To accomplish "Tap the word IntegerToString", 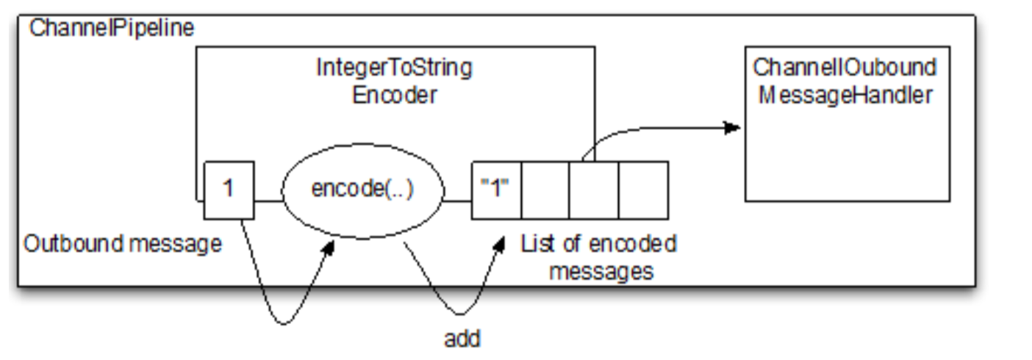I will click(395, 69).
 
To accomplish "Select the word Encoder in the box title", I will click(395, 96).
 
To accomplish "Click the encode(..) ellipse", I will click(363, 190).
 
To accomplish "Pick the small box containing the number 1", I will click(228, 190).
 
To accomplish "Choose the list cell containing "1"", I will click(496, 190).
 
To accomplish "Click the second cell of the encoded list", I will click(545, 190).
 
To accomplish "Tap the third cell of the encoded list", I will click(593, 190).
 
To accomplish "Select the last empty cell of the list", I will click(643, 190).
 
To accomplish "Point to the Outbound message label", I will click(123, 244).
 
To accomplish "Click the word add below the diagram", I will click(462, 339).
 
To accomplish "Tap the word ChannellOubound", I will click(845, 68).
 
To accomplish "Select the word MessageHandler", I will click(845, 95).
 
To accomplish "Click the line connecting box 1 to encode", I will click(268, 199).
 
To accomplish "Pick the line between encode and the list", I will click(458, 199).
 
